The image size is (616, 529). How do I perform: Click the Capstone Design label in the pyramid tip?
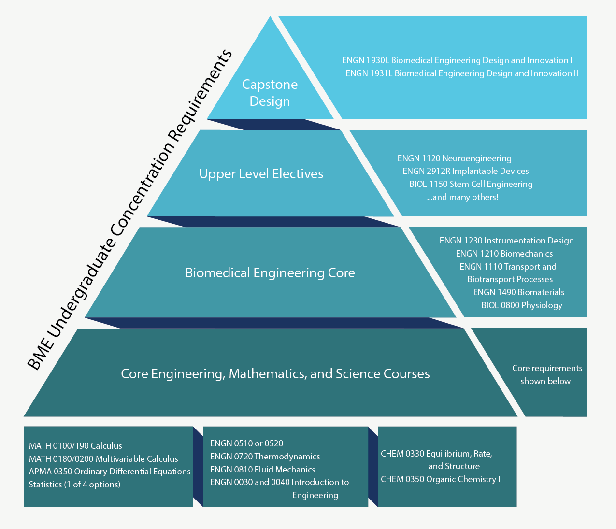pyautogui.click(x=270, y=93)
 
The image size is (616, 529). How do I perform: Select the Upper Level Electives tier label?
pyautogui.click(x=261, y=174)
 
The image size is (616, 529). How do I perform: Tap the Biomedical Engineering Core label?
pyautogui.click(x=270, y=272)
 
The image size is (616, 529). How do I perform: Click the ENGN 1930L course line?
pyautogui.click(x=457, y=60)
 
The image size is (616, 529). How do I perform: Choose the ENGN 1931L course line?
pyautogui.click(x=462, y=73)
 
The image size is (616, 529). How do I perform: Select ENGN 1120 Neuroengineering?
pyautogui.click(x=455, y=158)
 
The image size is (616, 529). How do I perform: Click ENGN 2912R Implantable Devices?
pyautogui.click(x=466, y=171)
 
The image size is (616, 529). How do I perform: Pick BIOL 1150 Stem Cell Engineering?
pyautogui.click(x=471, y=184)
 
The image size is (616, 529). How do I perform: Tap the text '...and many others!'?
pyautogui.click(x=462, y=197)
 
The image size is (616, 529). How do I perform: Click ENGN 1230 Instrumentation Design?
pyautogui.click(x=507, y=241)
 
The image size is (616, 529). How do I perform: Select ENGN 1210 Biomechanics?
pyautogui.click(x=504, y=254)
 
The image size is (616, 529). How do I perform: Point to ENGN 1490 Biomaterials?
pyautogui.click(x=519, y=292)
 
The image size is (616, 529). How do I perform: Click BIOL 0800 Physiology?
pyautogui.click(x=522, y=305)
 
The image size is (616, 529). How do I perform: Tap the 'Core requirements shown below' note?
pyautogui.click(x=547, y=374)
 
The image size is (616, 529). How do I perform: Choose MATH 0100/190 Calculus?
pyautogui.click(x=75, y=446)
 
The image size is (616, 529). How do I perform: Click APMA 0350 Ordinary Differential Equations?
pyautogui.click(x=110, y=472)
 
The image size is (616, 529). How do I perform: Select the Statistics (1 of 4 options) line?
pyautogui.click(x=74, y=485)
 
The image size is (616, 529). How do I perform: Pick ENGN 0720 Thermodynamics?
pyautogui.click(x=265, y=456)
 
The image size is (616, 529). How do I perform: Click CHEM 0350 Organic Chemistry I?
pyautogui.click(x=441, y=479)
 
